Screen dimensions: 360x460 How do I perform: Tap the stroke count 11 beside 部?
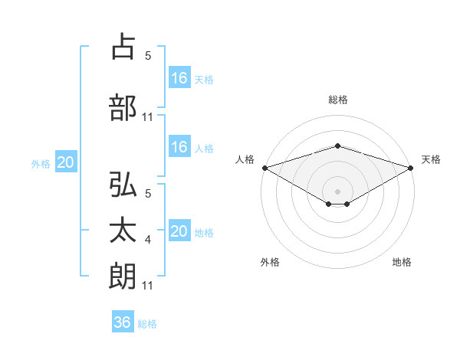click(148, 117)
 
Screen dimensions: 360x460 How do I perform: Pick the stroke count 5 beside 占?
click(148, 55)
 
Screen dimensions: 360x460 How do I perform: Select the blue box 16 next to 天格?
click(179, 77)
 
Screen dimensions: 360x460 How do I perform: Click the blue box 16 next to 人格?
click(179, 147)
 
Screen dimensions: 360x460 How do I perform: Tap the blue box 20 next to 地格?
click(179, 231)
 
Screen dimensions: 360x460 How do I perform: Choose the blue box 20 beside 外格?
click(66, 162)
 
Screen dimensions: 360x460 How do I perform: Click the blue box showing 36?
click(122, 322)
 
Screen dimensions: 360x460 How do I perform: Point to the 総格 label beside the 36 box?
click(147, 324)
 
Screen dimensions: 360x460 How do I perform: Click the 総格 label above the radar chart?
click(337, 100)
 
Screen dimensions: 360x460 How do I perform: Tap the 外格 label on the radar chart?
click(270, 262)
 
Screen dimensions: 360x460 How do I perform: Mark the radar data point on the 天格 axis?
click(411, 168)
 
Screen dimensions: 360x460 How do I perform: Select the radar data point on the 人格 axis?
click(264, 168)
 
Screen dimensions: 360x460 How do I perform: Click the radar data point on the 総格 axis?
click(337, 146)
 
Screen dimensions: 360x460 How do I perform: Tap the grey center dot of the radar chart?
click(337, 190)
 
